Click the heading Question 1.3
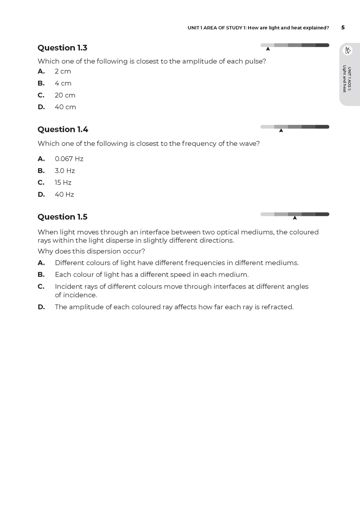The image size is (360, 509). (x=62, y=48)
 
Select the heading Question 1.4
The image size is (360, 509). (x=63, y=130)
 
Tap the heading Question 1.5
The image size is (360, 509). (x=63, y=217)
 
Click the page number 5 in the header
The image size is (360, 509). (x=343, y=27)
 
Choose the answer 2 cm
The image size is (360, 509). (x=63, y=71)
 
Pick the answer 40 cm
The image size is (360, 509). (x=65, y=107)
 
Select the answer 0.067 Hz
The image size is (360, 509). (x=69, y=159)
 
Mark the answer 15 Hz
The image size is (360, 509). (x=63, y=183)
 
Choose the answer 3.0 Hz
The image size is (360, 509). (x=65, y=171)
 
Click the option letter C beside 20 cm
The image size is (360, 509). (x=41, y=95)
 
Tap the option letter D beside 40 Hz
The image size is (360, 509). (x=41, y=194)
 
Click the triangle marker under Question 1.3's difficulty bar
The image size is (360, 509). (x=268, y=49)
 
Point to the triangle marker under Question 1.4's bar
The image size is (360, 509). (x=281, y=131)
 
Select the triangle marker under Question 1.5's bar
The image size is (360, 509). (x=295, y=218)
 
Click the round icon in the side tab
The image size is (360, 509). (x=348, y=50)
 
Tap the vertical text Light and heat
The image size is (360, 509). (x=345, y=79)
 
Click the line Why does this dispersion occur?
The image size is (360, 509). (x=91, y=251)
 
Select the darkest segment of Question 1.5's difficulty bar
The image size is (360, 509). (x=322, y=214)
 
